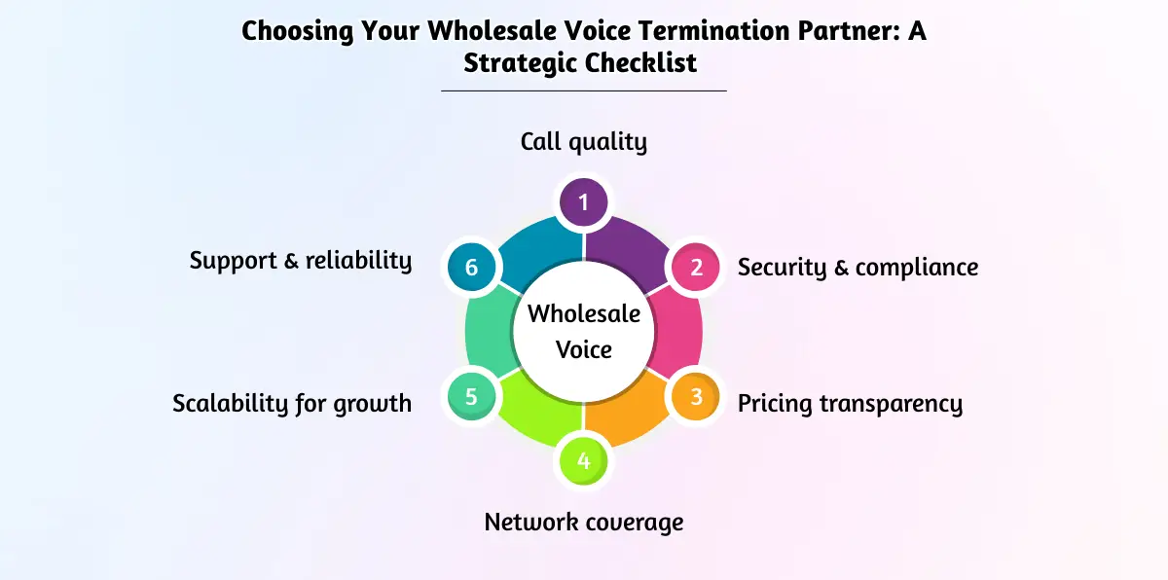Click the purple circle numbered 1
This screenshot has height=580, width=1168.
point(583,202)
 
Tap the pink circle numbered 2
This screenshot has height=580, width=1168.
point(696,267)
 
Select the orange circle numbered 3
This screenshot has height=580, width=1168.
point(696,397)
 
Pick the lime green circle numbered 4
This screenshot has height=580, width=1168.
point(583,460)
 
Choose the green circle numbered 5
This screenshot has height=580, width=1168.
point(472,397)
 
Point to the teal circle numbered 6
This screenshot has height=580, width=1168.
point(472,267)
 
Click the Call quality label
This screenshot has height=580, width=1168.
point(583,142)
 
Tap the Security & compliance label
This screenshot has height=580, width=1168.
point(858,267)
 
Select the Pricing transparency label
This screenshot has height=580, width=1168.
point(850,403)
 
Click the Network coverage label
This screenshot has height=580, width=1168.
point(583,522)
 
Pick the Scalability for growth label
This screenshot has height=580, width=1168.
point(292,403)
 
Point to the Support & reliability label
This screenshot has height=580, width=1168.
point(301,261)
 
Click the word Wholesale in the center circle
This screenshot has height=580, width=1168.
point(583,314)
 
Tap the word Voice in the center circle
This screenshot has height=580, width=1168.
point(583,348)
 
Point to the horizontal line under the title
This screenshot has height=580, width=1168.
point(583,91)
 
